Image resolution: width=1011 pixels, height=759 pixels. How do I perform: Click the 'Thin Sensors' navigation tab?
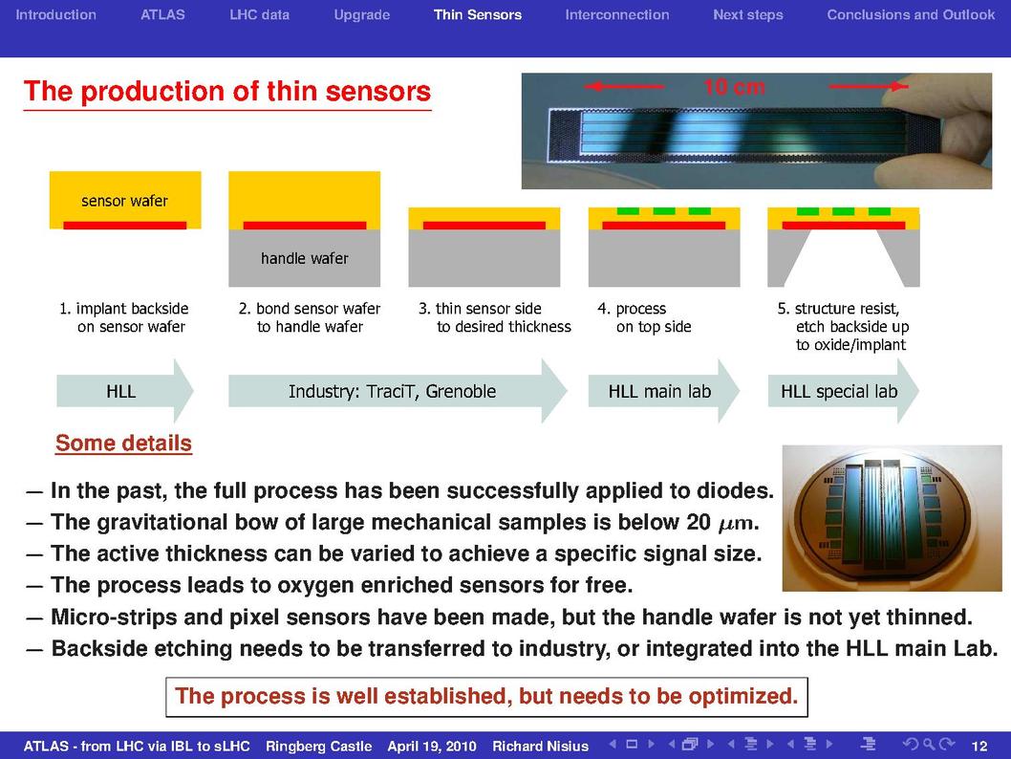click(477, 15)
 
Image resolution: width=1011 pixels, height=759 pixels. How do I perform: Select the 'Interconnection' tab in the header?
click(617, 15)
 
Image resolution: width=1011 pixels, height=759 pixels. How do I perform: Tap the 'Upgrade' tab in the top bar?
click(362, 15)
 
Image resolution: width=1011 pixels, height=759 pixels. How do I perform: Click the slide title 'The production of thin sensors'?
click(227, 91)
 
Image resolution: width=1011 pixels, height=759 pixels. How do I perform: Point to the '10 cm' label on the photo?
click(735, 86)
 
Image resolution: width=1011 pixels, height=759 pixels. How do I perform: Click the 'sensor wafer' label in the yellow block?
click(124, 201)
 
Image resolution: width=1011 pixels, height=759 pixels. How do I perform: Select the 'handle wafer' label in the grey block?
click(304, 258)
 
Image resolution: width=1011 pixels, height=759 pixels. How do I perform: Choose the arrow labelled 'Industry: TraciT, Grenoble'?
click(398, 391)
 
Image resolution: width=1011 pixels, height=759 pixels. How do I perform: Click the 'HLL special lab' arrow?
click(843, 391)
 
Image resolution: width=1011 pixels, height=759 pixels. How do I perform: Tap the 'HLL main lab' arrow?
click(663, 391)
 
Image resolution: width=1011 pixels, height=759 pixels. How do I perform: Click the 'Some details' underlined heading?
click(123, 443)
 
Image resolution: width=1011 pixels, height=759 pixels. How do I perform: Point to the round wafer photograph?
click(892, 518)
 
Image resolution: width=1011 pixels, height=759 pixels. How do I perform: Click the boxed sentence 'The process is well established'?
click(486, 697)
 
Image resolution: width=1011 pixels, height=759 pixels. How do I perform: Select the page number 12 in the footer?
click(979, 747)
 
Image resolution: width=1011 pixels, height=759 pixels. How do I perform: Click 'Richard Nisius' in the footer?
click(540, 747)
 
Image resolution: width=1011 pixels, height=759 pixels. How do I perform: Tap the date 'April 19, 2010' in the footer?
click(431, 747)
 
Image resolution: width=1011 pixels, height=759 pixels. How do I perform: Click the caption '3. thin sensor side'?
click(480, 308)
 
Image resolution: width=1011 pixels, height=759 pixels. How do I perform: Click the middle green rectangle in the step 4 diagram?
click(664, 211)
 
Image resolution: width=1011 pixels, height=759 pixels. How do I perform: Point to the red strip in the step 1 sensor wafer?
click(124, 225)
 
